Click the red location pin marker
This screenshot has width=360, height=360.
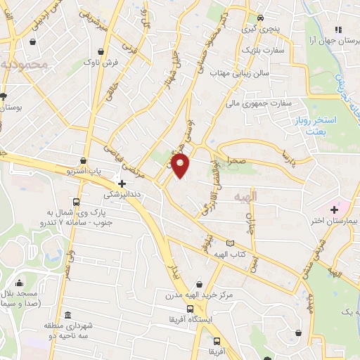181,165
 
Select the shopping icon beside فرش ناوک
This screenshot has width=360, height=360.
103,53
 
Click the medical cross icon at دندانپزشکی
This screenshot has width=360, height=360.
122,183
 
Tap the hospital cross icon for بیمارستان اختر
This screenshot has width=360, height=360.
334,209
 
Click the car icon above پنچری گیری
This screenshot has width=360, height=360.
260,18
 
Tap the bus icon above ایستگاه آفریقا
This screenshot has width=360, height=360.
189,309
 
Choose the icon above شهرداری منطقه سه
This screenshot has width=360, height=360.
67,314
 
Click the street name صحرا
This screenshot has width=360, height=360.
236,161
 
